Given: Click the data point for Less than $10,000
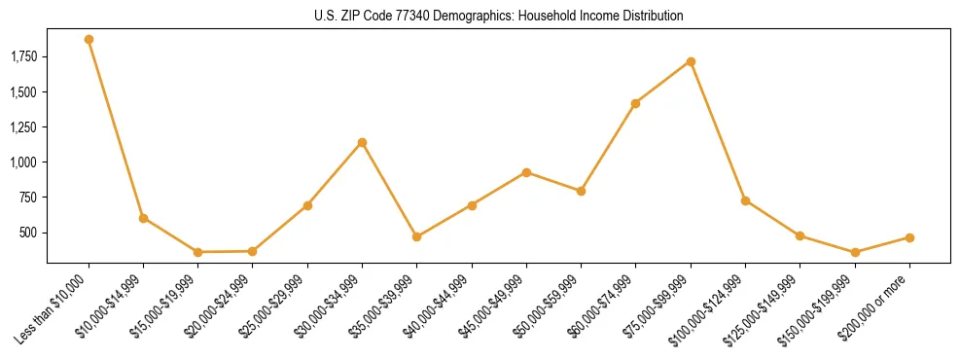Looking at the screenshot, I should click(x=89, y=40).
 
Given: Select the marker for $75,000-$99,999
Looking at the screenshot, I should click(x=691, y=61).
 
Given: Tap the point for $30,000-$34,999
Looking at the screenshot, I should click(x=362, y=143).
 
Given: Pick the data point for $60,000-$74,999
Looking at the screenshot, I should click(x=635, y=103).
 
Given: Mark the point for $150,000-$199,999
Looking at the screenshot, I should click(x=855, y=252).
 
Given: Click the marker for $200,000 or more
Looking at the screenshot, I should click(x=909, y=237).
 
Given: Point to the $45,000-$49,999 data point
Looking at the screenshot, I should click(x=526, y=172).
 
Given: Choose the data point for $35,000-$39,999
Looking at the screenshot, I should click(x=416, y=236).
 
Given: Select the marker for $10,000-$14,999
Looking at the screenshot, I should click(x=143, y=218).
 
